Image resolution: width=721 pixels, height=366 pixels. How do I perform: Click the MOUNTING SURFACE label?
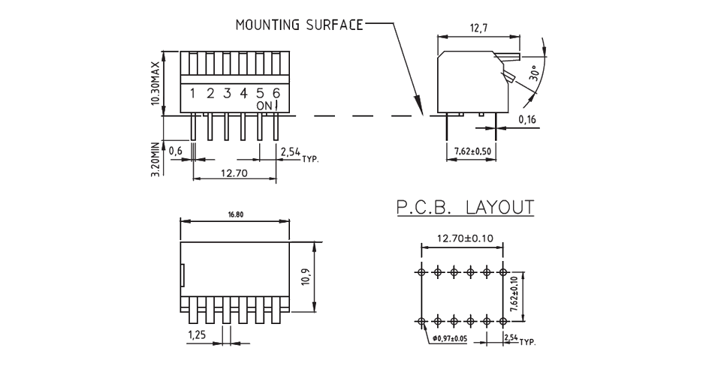click(x=299, y=25)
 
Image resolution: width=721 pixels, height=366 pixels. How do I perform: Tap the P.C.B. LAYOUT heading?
click(x=465, y=207)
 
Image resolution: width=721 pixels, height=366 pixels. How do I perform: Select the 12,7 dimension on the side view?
click(x=478, y=28)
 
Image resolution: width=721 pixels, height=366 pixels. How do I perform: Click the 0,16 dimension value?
click(x=527, y=120)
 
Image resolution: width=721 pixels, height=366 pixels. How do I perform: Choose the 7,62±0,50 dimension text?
click(x=473, y=152)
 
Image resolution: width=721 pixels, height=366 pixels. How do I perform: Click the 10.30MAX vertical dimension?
click(x=155, y=83)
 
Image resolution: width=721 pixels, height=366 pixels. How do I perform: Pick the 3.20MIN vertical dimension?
click(x=155, y=159)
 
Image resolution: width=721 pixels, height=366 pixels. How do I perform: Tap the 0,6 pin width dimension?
click(x=176, y=151)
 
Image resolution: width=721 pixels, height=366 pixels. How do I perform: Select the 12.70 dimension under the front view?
click(x=235, y=173)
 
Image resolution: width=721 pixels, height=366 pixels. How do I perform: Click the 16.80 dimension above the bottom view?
click(x=235, y=214)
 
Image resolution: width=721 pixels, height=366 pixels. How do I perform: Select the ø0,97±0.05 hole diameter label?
click(x=460, y=339)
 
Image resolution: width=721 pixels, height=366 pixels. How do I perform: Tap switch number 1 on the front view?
click(x=193, y=94)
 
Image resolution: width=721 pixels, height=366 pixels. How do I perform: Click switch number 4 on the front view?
click(x=243, y=94)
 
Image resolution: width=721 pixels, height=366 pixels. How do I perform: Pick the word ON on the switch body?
click(x=264, y=106)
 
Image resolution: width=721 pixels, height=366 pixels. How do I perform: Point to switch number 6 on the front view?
click(x=276, y=93)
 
